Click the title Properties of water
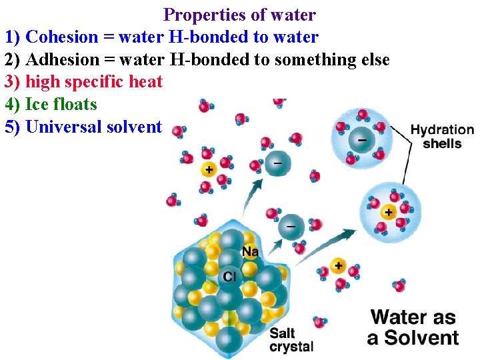pyautogui.click(x=239, y=14)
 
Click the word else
pyautogui.click(x=373, y=60)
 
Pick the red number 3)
pyautogui.click(x=13, y=82)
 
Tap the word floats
pyautogui.click(x=74, y=105)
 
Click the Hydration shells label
pyautogui.click(x=441, y=137)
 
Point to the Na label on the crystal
pyautogui.click(x=251, y=251)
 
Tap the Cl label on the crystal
pyautogui.click(x=230, y=275)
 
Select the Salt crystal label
pyautogui.click(x=291, y=340)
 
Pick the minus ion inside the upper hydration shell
pyautogui.click(x=361, y=141)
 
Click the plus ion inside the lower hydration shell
pyautogui.click(x=388, y=212)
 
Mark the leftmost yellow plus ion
pyautogui.click(x=209, y=169)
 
